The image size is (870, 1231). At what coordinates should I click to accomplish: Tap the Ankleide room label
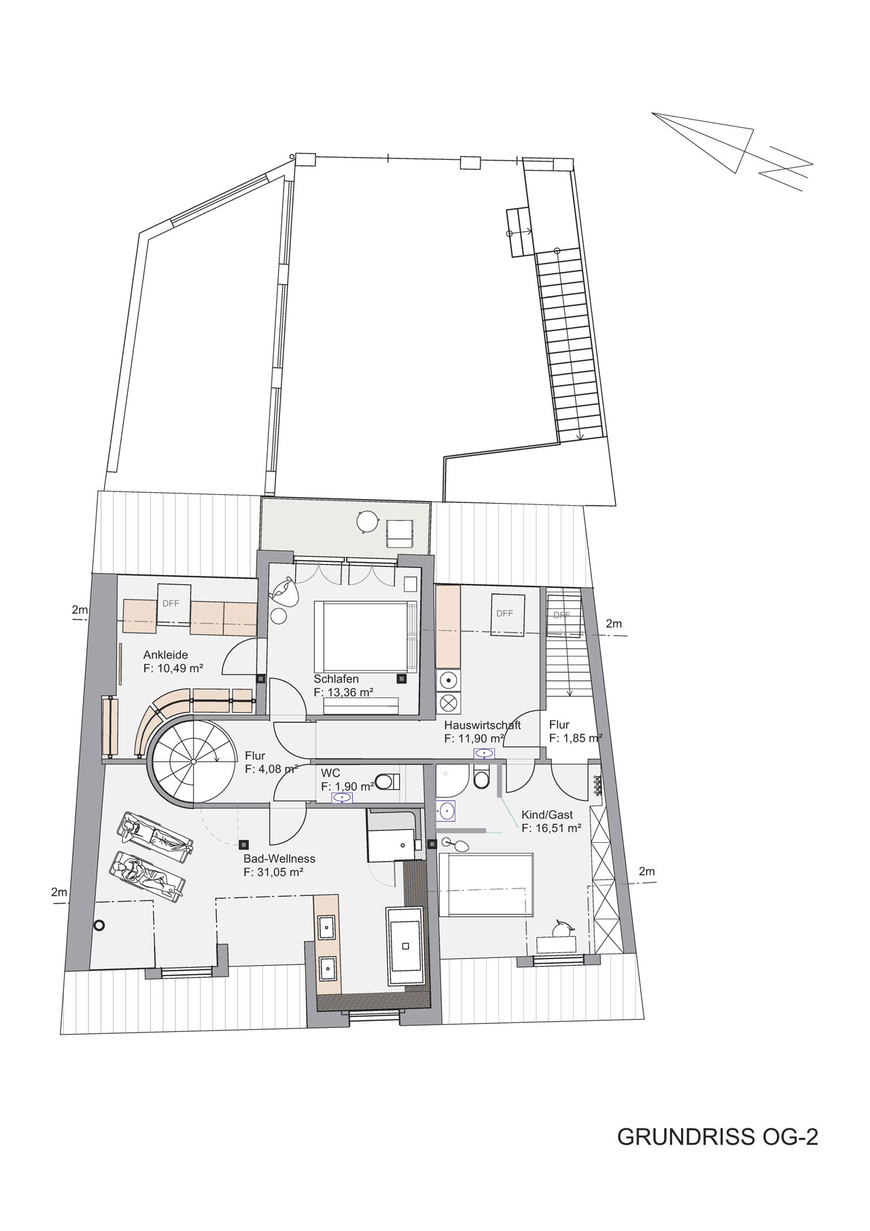pos(165,655)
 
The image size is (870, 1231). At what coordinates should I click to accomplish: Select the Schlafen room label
pos(336,678)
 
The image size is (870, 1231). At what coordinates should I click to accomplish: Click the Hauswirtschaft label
pos(483,725)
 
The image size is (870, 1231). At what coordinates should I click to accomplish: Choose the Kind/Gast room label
pos(547,814)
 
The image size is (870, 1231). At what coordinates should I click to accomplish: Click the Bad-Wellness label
pos(279,859)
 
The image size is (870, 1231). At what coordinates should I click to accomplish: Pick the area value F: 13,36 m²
pos(345,692)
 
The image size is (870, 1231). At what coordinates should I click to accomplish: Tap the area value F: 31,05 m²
pos(273,872)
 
